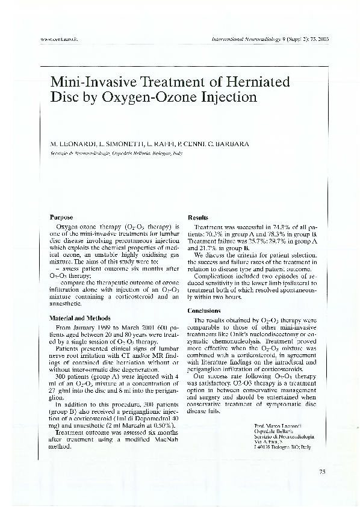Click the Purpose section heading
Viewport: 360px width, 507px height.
[x=62, y=217]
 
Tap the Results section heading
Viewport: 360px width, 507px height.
[x=198, y=217]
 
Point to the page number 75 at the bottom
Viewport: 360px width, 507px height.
[x=322, y=472]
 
